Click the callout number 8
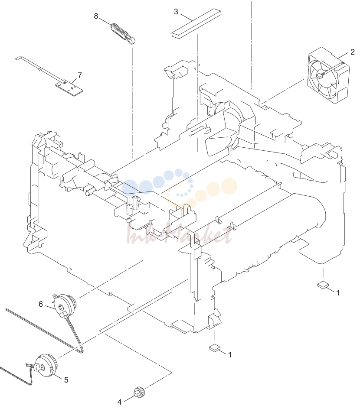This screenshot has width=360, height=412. [96, 16]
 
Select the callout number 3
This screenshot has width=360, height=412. [176, 12]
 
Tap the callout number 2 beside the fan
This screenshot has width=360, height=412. [353, 52]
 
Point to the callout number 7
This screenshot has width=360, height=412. [80, 75]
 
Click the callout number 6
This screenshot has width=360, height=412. [40, 304]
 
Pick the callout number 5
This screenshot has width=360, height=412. [66, 380]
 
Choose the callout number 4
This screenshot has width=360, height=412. [119, 402]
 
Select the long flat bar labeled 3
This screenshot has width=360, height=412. [196, 24]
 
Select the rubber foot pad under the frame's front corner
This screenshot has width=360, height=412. [214, 348]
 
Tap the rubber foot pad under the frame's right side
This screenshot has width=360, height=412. [323, 285]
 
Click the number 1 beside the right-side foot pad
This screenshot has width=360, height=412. [338, 293]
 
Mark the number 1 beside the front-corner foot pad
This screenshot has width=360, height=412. [230, 355]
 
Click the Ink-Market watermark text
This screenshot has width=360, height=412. [180, 233]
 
